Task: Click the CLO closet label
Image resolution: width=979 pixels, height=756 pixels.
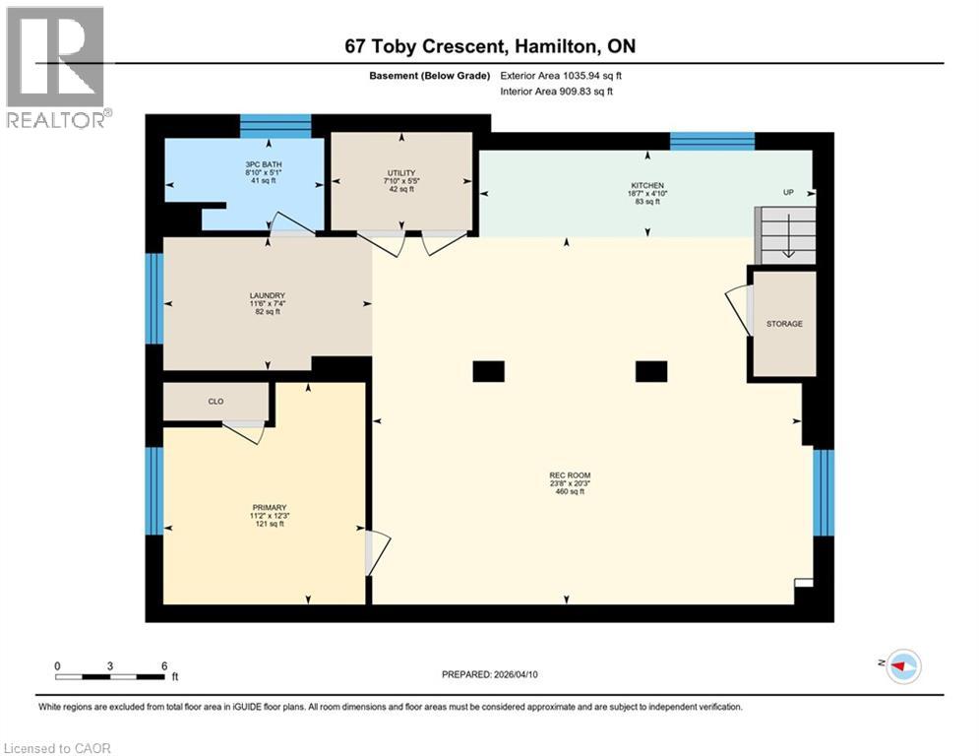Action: [216, 402]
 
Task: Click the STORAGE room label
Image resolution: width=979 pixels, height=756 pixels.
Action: [784, 324]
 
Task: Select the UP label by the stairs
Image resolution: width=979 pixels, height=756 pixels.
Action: [787, 192]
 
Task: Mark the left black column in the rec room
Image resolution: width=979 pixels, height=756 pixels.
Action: [488, 371]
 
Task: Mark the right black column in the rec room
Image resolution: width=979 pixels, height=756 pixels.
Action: [650, 371]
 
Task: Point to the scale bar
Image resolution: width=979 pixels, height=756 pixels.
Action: [110, 675]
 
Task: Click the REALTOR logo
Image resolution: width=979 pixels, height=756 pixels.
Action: [56, 67]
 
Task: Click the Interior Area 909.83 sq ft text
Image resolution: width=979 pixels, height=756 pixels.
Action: [556, 91]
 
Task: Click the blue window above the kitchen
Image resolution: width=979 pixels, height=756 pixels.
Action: [711, 141]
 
